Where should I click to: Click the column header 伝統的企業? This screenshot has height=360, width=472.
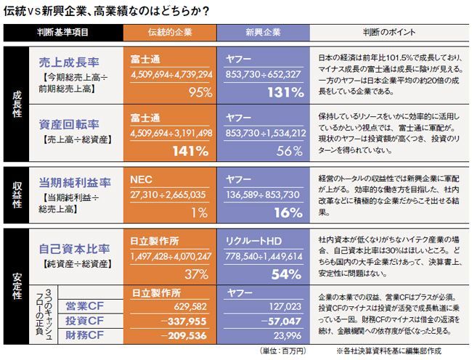click(171, 33)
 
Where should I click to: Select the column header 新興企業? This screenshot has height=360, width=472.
click(264, 33)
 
